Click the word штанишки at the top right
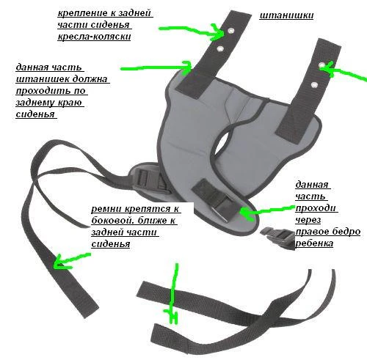point(286,15)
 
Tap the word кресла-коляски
point(94,37)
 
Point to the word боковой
point(114,221)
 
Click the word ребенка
point(314,243)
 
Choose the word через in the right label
point(308,220)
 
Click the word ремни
point(107,209)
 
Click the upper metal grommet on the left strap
point(230,31)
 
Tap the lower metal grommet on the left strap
point(220,48)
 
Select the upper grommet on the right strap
point(321,65)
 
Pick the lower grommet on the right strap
point(314,85)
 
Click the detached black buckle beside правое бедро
point(277,237)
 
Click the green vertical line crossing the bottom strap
point(174,293)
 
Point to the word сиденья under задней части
point(111,244)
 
